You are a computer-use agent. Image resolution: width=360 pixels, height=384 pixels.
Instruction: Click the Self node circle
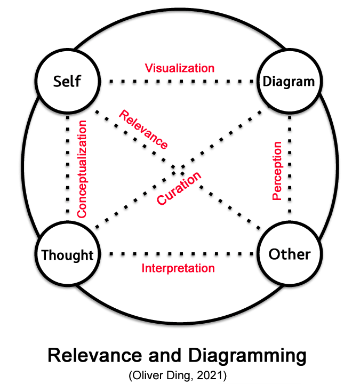tap(68, 82)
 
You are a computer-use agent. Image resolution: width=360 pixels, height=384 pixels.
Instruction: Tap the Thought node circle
tap(68, 254)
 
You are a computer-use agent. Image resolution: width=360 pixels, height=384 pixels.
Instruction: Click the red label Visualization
tap(180, 68)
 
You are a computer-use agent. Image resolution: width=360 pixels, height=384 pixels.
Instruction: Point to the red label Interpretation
tap(178, 268)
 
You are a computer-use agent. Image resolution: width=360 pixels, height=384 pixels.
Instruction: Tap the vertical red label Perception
tap(276, 171)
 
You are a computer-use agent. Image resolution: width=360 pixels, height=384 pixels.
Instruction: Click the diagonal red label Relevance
tap(143, 129)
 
